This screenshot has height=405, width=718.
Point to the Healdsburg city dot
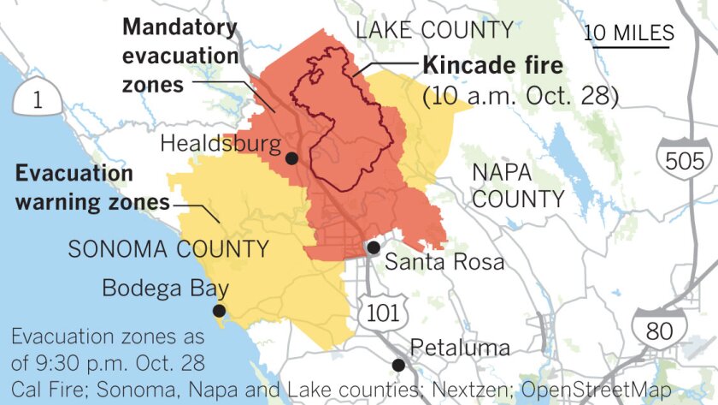291,158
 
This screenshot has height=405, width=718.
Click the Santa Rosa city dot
374,247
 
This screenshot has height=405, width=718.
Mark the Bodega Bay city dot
220,311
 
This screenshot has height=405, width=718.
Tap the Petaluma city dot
397,365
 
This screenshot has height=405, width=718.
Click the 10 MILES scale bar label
629,33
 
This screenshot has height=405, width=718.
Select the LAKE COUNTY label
434,31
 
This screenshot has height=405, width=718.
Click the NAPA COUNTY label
518,186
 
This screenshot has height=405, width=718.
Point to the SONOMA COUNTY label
168,250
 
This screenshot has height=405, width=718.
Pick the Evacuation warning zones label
91,188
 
